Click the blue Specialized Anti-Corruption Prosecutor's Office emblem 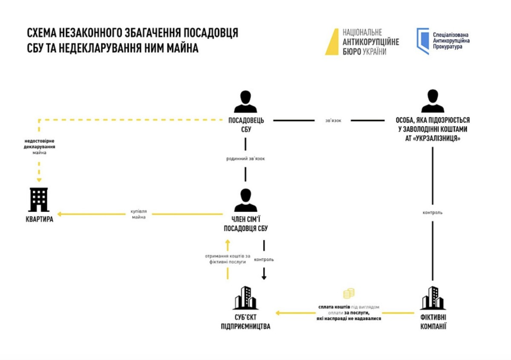(x=423, y=41)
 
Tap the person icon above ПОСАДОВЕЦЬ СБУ (x=245, y=101)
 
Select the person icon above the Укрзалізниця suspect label (x=433, y=101)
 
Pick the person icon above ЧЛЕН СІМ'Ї (x=245, y=200)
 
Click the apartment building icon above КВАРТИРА (x=39, y=200)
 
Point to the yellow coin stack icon (x=349, y=294)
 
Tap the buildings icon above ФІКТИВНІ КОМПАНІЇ (x=433, y=298)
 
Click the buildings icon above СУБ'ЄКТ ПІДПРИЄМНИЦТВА (x=245, y=298)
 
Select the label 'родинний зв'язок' (x=245, y=158)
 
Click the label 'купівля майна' (x=139, y=214)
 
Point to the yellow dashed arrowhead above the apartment (x=39, y=180)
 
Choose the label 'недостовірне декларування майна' (x=40, y=147)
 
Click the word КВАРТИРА (x=40, y=219)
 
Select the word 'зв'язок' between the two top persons (x=333, y=121)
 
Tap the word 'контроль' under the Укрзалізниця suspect (x=433, y=213)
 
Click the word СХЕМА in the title (x=41, y=33)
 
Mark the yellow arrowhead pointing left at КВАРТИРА (x=59, y=214)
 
